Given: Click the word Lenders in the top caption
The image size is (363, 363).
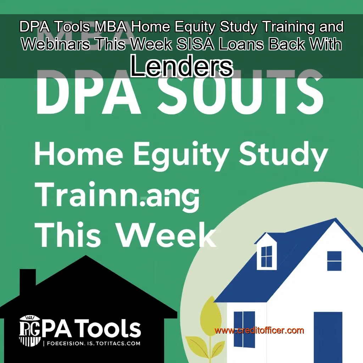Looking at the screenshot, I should tap(181, 67).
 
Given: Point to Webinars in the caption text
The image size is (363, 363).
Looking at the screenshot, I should tap(53, 45).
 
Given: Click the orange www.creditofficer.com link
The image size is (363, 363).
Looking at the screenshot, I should tap(259, 330).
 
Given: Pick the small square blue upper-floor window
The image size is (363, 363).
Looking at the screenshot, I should tap(334, 261).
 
